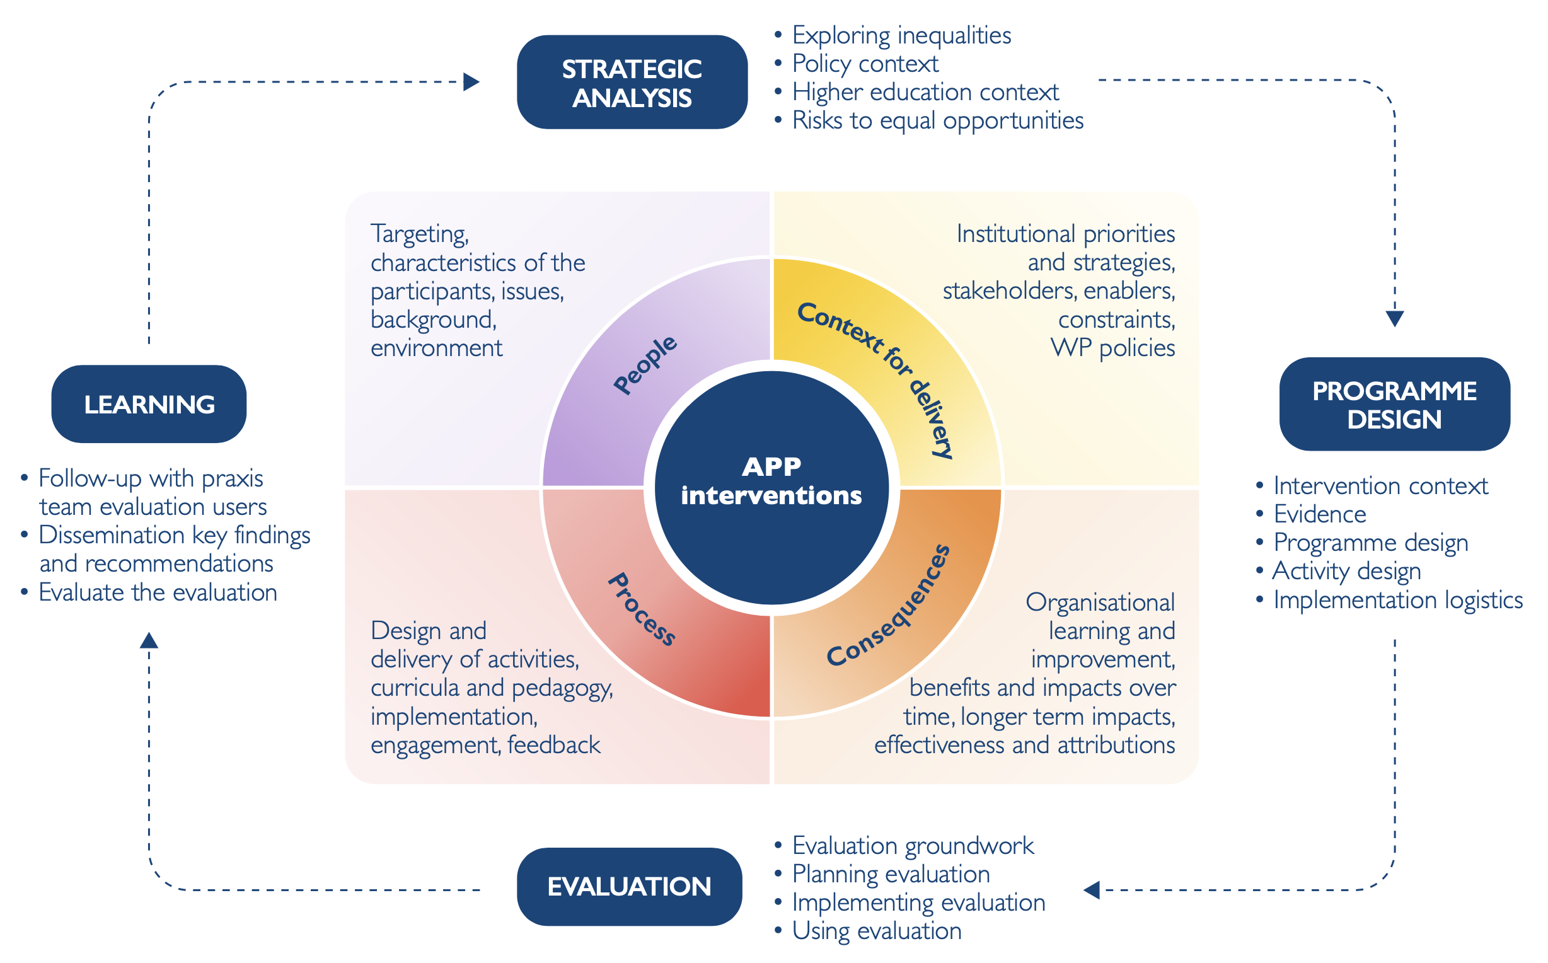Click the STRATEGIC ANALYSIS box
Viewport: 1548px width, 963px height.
[x=632, y=82]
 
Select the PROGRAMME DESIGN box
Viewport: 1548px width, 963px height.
[x=1394, y=405]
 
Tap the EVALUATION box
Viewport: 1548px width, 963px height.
[x=629, y=887]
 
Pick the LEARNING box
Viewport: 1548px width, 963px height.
[x=149, y=405]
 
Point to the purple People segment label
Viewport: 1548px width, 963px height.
[x=645, y=364]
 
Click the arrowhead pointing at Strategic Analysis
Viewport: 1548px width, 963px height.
[x=471, y=82]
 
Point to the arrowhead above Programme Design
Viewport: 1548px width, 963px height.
[x=1395, y=318]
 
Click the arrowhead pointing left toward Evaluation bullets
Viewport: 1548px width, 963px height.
[x=1092, y=890]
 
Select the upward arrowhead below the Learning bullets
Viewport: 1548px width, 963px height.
[x=149, y=640]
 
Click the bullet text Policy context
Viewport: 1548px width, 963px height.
[x=865, y=64]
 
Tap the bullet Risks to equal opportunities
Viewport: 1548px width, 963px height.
[x=937, y=120]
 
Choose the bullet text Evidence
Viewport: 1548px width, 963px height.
[x=1319, y=514]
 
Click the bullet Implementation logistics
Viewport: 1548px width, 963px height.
[x=1398, y=600]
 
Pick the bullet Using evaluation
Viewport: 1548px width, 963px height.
[x=876, y=931]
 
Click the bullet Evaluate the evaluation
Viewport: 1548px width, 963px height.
[x=158, y=592]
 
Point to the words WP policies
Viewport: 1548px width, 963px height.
[x=1112, y=349]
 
